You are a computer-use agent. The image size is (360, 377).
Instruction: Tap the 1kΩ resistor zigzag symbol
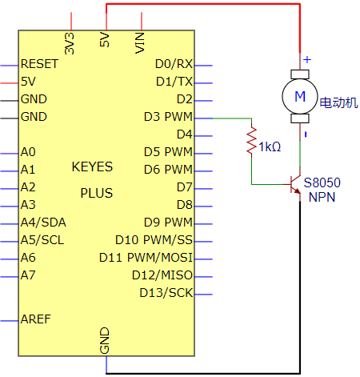[251, 141]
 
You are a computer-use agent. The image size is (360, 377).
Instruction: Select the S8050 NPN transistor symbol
[295, 185]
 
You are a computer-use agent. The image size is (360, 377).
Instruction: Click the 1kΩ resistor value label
[270, 147]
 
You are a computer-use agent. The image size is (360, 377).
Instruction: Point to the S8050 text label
[322, 182]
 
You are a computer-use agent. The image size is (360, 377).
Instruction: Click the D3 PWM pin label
[168, 117]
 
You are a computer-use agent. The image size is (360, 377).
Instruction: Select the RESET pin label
[39, 64]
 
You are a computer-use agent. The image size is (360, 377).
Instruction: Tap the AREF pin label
[36, 319]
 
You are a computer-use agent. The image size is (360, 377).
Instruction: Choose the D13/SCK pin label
[166, 293]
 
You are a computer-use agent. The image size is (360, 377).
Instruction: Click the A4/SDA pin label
[43, 223]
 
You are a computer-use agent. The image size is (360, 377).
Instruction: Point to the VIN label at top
[140, 42]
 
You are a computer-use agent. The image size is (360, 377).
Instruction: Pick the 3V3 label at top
[70, 43]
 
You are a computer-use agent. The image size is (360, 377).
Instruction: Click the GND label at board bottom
[105, 341]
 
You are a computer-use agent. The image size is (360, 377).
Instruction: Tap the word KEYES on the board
[92, 166]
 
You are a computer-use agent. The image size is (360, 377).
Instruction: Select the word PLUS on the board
[97, 193]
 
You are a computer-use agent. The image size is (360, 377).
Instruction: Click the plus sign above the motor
[307, 59]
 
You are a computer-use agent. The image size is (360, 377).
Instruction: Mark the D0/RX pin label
[174, 64]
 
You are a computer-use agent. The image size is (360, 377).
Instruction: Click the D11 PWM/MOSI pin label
[146, 258]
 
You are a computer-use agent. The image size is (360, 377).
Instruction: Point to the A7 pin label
[28, 275]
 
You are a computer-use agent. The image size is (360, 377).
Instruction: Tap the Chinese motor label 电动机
[339, 102]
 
